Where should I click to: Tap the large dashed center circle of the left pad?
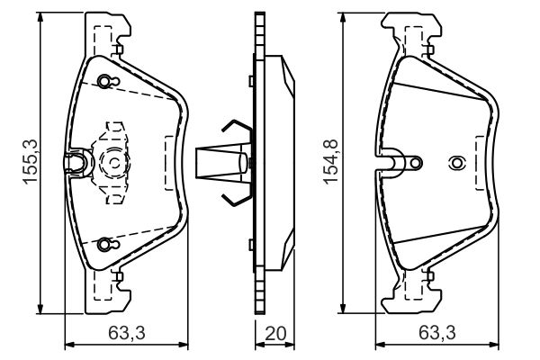[116, 163]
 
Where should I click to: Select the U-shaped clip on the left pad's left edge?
[77, 162]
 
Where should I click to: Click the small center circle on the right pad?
[455, 163]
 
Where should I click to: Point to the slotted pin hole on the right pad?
[411, 162]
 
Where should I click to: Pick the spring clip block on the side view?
[220, 163]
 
